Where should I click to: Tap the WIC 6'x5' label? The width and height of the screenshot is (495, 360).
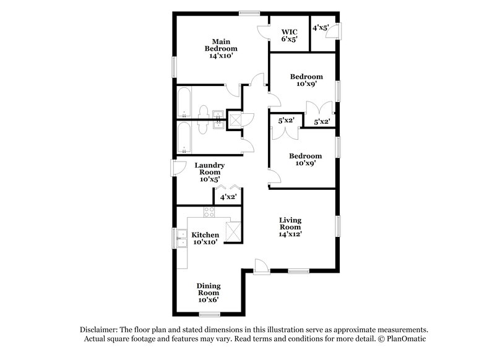click(289, 35)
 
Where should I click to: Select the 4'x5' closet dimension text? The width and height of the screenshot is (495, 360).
click(321, 28)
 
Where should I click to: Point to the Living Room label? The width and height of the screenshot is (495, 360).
click(290, 226)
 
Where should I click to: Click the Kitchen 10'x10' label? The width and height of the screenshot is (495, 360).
click(205, 239)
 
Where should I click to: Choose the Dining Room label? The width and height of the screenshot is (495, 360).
click(209, 293)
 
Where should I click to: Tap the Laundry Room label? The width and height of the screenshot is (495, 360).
click(209, 172)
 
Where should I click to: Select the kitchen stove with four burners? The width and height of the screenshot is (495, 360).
click(209, 213)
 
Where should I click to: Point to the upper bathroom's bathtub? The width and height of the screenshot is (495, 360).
click(184, 103)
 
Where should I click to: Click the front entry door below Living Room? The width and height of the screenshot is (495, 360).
click(261, 266)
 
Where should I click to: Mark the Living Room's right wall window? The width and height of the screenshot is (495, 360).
click(337, 226)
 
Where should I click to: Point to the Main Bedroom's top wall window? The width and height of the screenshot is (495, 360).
click(249, 12)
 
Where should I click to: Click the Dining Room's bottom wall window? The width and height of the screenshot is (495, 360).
click(209, 314)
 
